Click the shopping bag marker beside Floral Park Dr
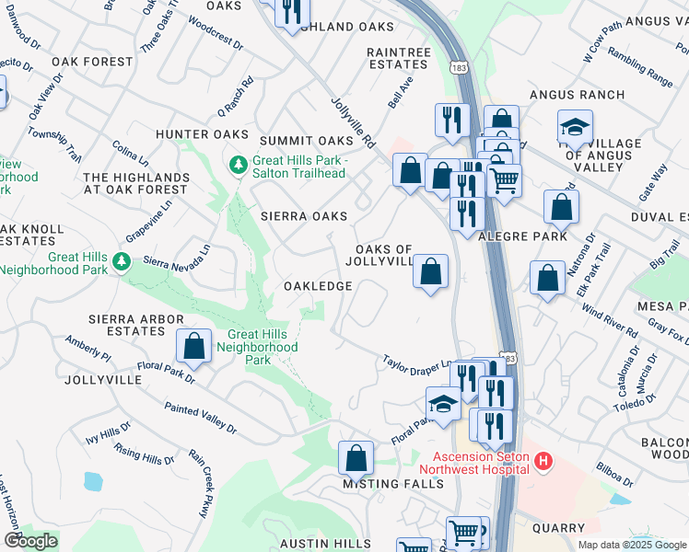pyautogui.click(x=193, y=347)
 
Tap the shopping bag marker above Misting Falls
pyautogui.click(x=356, y=458)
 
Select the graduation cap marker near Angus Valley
pyautogui.click(x=575, y=128)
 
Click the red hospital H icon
pyautogui.click(x=543, y=460)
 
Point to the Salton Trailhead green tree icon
pyautogui.click(x=237, y=166)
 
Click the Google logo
pyautogui.click(x=29, y=541)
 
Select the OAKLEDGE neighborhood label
pyautogui.click(x=318, y=286)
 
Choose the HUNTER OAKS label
pyautogui.click(x=191, y=134)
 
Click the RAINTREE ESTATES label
pyautogui.click(x=397, y=59)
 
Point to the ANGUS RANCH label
pyautogui.click(x=577, y=95)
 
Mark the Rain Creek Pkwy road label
pyautogui.click(x=201, y=484)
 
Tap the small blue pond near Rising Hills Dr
pyautogui.click(x=93, y=481)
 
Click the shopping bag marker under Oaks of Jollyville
pyautogui.click(x=430, y=272)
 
